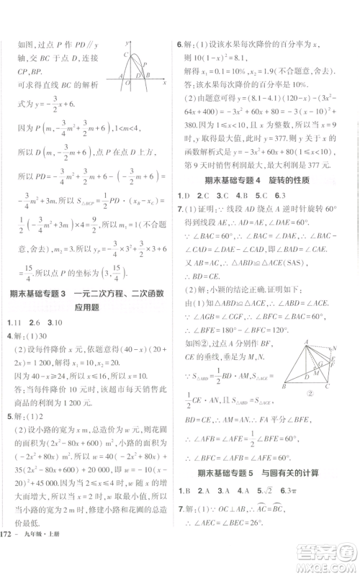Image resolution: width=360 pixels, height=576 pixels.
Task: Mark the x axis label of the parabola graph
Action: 165,82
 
